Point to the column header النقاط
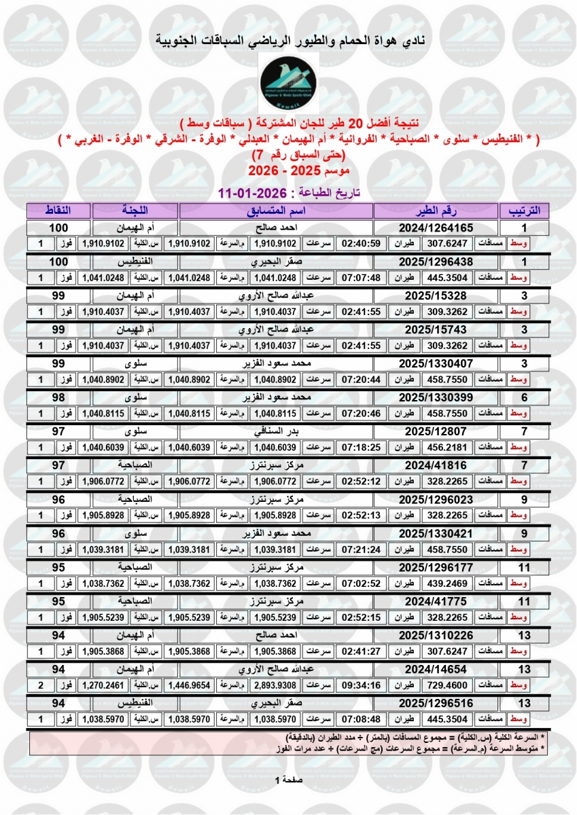point(58,210)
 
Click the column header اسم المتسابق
point(276,210)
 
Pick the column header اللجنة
point(135,210)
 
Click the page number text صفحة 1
point(288,780)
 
